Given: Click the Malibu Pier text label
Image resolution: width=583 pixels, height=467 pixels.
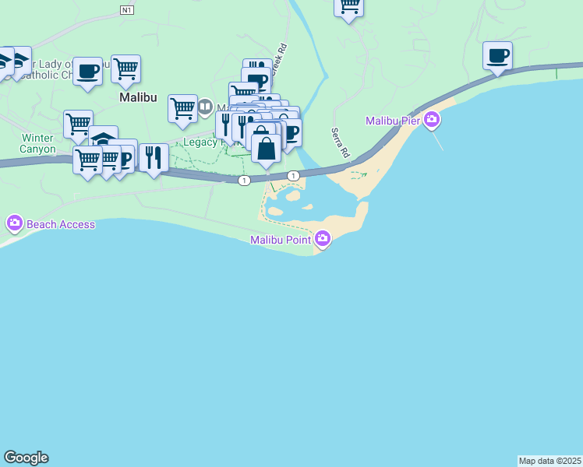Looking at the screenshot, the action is pyautogui.click(x=394, y=121).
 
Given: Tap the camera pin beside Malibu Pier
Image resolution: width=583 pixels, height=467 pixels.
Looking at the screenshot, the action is pyautogui.click(x=431, y=121).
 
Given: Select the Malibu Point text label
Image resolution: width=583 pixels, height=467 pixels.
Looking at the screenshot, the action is pyautogui.click(x=281, y=240).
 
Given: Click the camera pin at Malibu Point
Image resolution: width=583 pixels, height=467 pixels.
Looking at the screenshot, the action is pyautogui.click(x=322, y=240).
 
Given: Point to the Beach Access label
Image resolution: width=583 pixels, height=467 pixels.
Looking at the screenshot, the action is pyautogui.click(x=61, y=225).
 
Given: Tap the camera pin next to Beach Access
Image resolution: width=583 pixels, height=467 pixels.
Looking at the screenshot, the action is pyautogui.click(x=14, y=224).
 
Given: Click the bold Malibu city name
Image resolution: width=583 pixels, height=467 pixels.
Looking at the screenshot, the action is pyautogui.click(x=138, y=99).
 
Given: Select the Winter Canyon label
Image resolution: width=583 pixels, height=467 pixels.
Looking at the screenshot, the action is pyautogui.click(x=37, y=143).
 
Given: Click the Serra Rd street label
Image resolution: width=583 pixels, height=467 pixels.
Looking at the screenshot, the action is pyautogui.click(x=339, y=143).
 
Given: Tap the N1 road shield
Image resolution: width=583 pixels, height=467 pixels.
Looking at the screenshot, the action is pyautogui.click(x=128, y=9).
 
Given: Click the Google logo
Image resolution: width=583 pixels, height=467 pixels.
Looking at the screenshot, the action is pyautogui.click(x=26, y=458).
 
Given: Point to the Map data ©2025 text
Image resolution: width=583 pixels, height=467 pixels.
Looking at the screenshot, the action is pyautogui.click(x=549, y=461).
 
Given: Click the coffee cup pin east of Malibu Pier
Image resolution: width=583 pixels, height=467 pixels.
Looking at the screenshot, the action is pyautogui.click(x=497, y=56).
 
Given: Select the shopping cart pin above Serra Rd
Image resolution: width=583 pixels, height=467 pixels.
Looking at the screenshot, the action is pyautogui.click(x=349, y=6).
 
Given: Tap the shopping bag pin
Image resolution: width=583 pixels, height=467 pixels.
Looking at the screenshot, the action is pyautogui.click(x=266, y=148).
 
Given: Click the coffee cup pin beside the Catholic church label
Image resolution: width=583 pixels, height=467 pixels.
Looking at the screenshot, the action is pyautogui.click(x=87, y=71).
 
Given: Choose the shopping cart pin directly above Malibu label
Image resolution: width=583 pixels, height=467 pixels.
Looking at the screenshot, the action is pyautogui.click(x=125, y=69).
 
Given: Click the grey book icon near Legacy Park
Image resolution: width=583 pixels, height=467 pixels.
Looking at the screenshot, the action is pyautogui.click(x=205, y=106).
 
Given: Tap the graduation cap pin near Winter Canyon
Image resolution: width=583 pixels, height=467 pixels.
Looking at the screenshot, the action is pyautogui.click(x=103, y=139).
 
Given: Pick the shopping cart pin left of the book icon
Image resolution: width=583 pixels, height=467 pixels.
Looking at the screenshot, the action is pyautogui.click(x=182, y=108).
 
